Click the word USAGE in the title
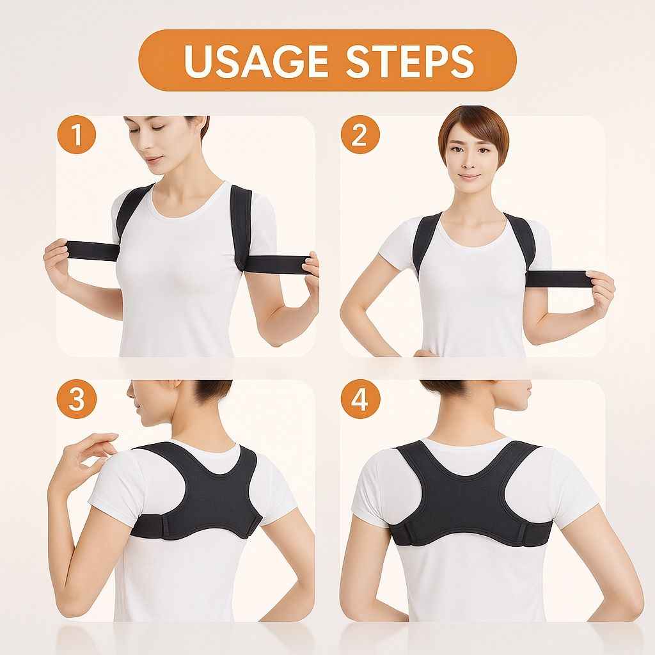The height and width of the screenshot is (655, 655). (256, 61)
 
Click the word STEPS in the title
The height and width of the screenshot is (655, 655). (410, 61)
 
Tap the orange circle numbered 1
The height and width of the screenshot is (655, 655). (77, 134)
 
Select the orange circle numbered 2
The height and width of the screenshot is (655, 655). (360, 134)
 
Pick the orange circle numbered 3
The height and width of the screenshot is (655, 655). (77, 399)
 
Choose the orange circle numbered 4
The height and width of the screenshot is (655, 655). (360, 399)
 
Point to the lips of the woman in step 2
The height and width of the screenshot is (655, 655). (470, 177)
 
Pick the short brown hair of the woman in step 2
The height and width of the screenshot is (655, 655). (473, 125)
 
